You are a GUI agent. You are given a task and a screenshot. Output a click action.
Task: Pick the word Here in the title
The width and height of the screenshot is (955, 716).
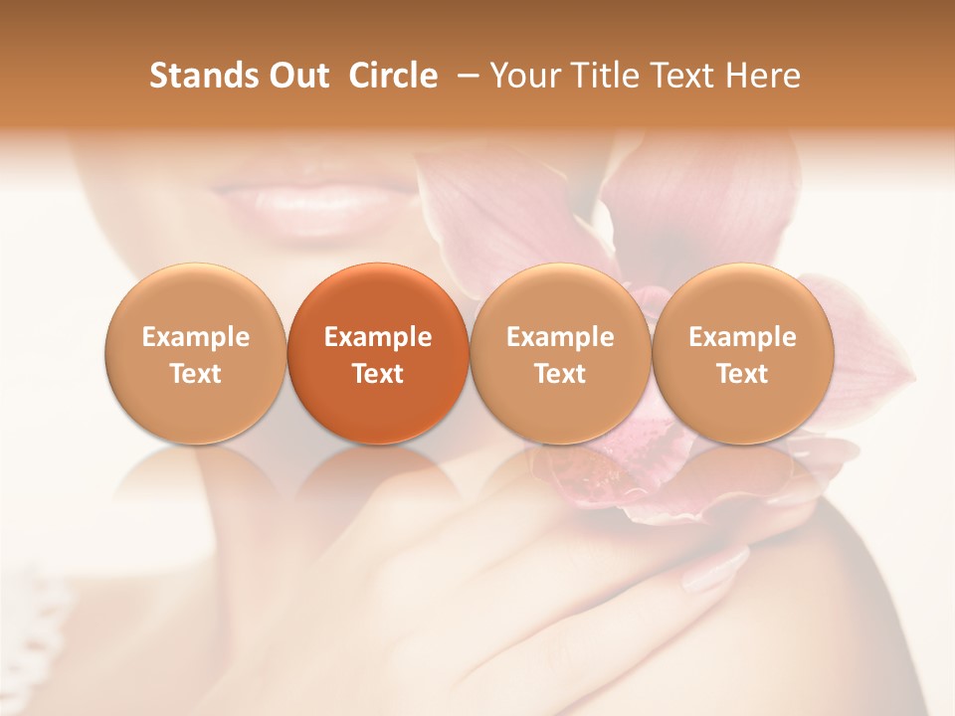[763, 76]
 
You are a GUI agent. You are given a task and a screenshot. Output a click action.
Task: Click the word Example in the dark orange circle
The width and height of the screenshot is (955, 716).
[378, 337]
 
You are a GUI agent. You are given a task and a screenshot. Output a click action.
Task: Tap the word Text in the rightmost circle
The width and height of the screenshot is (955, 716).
[742, 374]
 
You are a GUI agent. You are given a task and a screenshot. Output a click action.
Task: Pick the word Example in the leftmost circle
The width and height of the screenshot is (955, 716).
[196, 337]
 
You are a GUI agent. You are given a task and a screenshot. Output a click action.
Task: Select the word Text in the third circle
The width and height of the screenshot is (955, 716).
[560, 374]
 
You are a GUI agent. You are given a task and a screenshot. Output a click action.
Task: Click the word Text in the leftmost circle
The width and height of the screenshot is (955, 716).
[196, 374]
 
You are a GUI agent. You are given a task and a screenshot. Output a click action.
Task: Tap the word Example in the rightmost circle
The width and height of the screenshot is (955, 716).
[742, 337]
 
